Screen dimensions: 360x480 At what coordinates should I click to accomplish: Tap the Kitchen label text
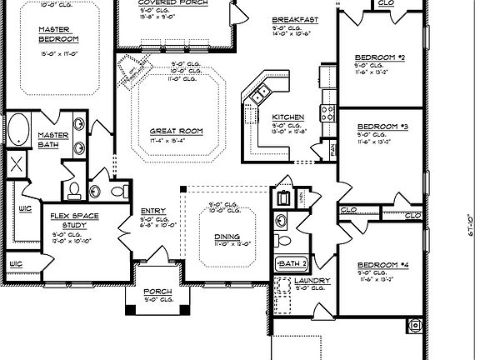pyautogui.click(x=287, y=117)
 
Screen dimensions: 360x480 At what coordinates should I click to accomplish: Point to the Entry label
pyautogui.click(x=152, y=210)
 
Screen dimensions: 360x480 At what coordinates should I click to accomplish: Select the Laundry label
pyautogui.click(x=312, y=282)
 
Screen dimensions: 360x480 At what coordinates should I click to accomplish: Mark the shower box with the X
pyautogui.click(x=17, y=164)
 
